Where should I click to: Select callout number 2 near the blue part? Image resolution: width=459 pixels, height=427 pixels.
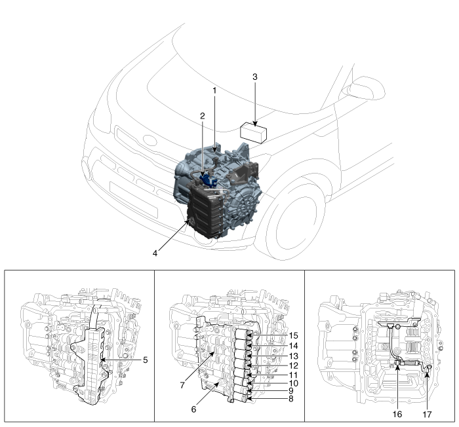[x=203, y=115]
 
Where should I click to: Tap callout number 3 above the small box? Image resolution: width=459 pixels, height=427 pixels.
[x=254, y=77]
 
